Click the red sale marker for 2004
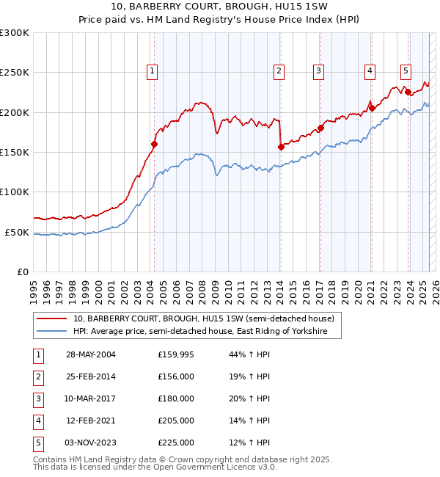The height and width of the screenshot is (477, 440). (154, 145)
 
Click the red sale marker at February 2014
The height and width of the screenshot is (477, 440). (281, 147)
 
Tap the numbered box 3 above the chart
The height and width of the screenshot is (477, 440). (319, 71)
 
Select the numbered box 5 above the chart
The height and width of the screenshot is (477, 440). (406, 71)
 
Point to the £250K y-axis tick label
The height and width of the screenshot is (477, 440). (15, 73)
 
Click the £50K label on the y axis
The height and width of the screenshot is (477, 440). (17, 232)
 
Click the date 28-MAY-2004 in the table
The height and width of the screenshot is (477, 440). (91, 355)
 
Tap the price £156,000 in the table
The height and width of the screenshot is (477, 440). (176, 377)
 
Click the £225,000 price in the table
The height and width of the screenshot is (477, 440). (176, 443)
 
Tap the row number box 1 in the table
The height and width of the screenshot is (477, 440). (37, 355)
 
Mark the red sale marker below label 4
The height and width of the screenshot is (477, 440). (371, 108)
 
